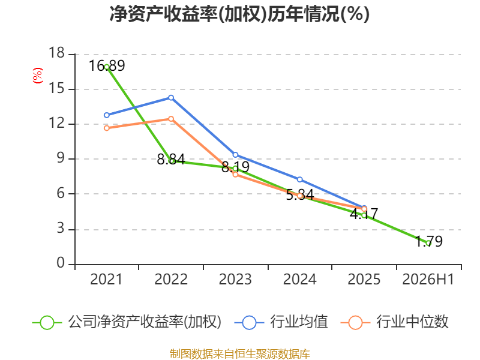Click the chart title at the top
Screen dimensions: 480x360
[239, 14]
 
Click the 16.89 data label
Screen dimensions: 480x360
[107, 66]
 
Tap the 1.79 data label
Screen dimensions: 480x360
[429, 241]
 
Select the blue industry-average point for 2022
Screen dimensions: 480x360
[171, 98]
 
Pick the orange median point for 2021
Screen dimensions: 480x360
[107, 128]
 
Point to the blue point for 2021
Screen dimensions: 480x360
[107, 115]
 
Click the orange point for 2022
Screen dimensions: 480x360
[171, 119]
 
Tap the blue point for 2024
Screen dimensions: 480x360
[300, 179]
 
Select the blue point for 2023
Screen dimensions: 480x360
[235, 155]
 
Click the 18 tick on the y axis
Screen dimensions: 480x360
[57, 53]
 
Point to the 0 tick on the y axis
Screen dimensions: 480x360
[61, 263]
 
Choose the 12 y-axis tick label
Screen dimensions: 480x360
[57, 123]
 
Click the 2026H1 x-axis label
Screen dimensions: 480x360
[428, 280]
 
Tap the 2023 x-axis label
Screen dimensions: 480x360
[235, 280]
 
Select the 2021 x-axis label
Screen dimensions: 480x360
[106, 280]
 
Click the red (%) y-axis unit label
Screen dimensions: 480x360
[38, 76]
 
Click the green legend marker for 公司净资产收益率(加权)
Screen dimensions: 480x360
[47, 323]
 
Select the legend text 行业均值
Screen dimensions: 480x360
[299, 322]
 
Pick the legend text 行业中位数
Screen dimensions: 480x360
[413, 322]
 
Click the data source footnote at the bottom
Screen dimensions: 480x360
[240, 354]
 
